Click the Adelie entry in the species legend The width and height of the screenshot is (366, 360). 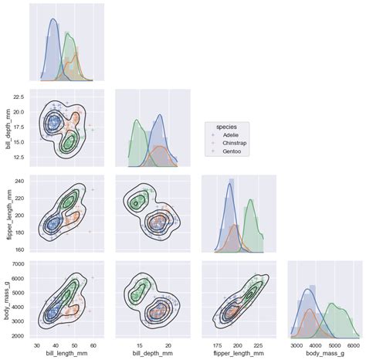click(231, 134)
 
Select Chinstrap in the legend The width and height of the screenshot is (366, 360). click(234, 143)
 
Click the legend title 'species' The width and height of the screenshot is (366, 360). click(226, 126)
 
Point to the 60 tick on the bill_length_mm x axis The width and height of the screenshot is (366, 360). click(93, 345)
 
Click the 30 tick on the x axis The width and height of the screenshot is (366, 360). click(38, 345)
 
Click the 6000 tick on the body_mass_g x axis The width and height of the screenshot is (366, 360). click(353, 345)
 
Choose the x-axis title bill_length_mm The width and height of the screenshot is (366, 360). click(66, 354)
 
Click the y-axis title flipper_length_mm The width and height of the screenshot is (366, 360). click(8, 212)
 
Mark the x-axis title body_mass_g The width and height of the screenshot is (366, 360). click(324, 354)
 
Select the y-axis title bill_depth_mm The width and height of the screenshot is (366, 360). click(8, 127)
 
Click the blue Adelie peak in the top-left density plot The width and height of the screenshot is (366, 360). click(53, 21)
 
